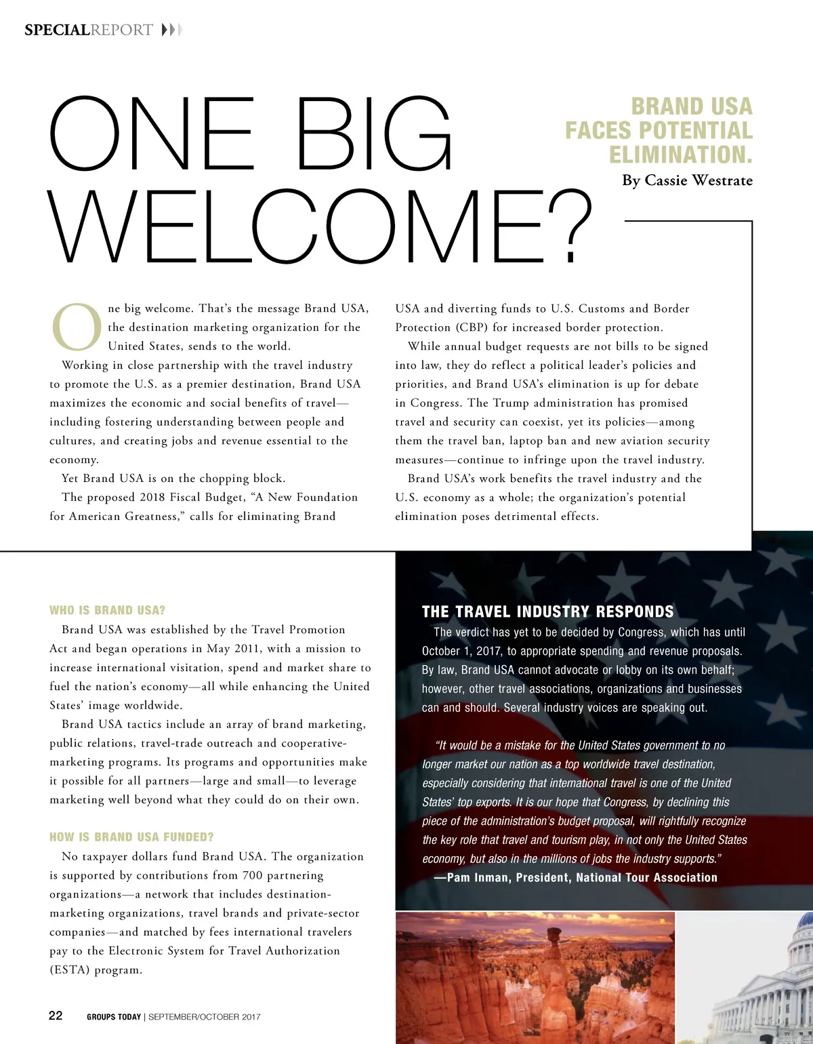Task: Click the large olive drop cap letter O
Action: coord(77,327)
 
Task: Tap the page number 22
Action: coord(56,1015)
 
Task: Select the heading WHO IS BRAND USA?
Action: coord(107,610)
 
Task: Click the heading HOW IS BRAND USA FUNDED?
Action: coord(131,837)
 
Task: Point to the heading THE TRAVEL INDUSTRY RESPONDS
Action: coord(547,611)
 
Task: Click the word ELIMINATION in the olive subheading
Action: coord(680,155)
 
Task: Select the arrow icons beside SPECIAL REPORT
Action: coord(172,30)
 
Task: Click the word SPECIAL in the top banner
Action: coord(57,30)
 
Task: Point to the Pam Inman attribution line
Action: coord(581,877)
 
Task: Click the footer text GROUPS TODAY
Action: coord(114,1017)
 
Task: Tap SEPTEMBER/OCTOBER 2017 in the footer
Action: coord(205,1017)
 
